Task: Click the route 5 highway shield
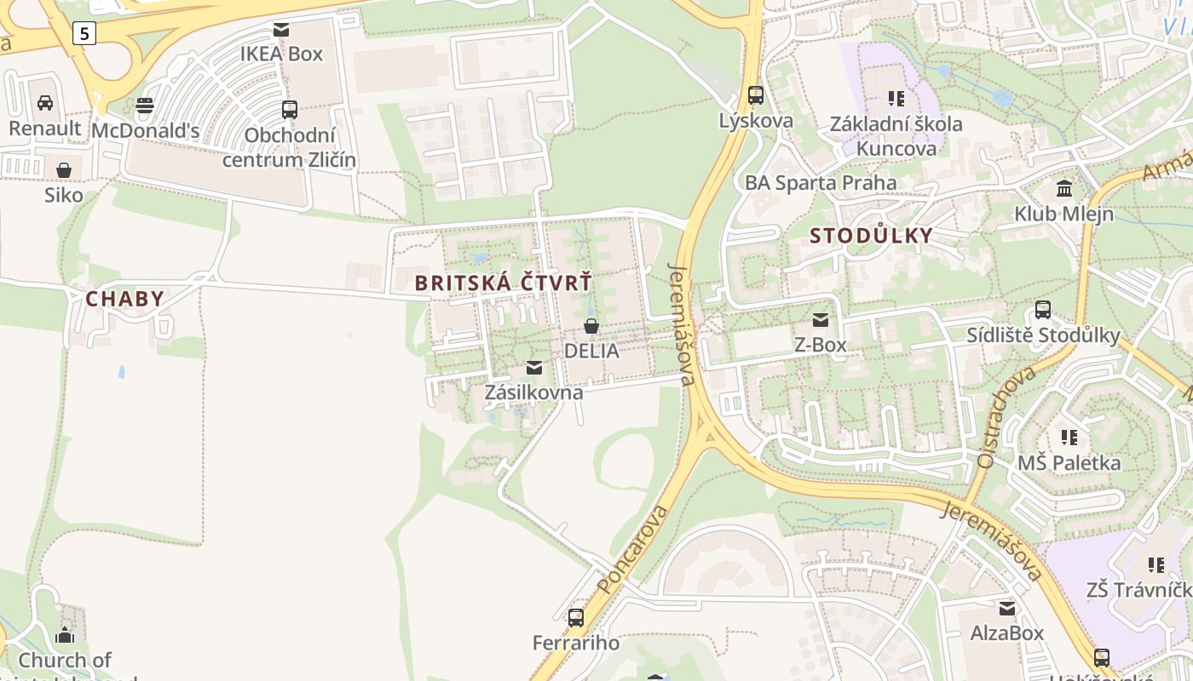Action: (84, 33)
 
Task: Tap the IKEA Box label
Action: (281, 54)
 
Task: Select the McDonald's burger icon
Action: (145, 106)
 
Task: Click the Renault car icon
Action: (45, 103)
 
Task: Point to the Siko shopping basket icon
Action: (64, 170)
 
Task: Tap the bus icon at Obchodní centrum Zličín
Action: (290, 109)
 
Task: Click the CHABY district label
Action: (124, 299)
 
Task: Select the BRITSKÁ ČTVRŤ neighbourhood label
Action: (503, 283)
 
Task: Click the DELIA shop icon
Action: (591, 325)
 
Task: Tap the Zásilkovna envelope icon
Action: (534, 368)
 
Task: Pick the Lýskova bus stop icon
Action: (756, 95)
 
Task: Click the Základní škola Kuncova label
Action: (896, 135)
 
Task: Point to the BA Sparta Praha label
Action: (821, 183)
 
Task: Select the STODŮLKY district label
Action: (871, 236)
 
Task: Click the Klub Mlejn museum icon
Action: (1064, 188)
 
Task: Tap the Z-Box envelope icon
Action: (821, 320)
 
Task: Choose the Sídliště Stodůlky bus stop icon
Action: (1043, 310)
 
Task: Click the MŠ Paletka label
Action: (1069, 463)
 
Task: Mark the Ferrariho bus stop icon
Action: (576, 617)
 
